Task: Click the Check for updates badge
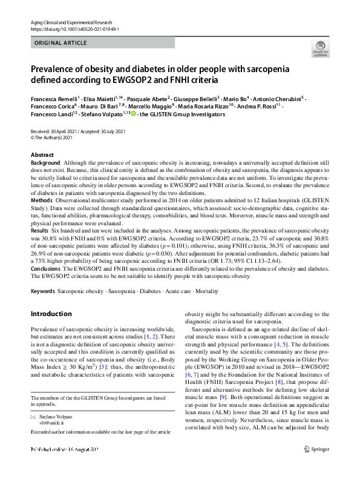(x=319, y=48)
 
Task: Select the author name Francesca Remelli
(x=53, y=97)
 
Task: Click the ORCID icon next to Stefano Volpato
(x=133, y=114)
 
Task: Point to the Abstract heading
(x=42, y=155)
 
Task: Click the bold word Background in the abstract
(x=45, y=163)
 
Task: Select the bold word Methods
(x=42, y=199)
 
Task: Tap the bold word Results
(x=39, y=231)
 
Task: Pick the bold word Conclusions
(x=45, y=267)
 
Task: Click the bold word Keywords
(x=42, y=291)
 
